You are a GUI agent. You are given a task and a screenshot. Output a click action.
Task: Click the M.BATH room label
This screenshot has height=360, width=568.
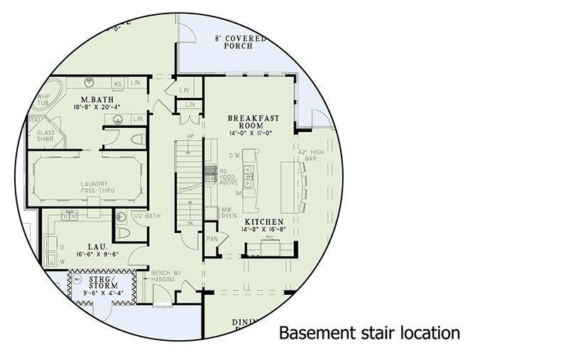coord(93,99)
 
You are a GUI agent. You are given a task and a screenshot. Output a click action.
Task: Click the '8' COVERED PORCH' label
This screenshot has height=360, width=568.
coord(241,44)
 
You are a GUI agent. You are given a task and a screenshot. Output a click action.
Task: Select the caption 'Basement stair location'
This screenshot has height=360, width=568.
coord(368,332)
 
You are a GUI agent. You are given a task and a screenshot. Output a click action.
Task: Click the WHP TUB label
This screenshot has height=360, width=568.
coord(45,99)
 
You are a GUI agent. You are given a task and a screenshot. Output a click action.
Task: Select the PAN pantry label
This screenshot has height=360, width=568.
coord(212,239)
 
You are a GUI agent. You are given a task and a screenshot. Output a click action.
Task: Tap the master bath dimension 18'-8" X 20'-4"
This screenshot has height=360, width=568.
coord(93,107)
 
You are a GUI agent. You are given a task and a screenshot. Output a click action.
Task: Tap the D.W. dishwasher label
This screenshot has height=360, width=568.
coord(232,154)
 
